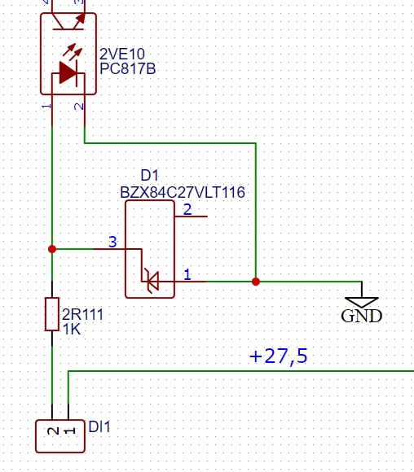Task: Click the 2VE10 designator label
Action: click(x=122, y=55)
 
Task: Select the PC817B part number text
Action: click(x=128, y=68)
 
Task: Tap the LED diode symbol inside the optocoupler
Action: click(x=68, y=72)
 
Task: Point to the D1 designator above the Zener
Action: click(x=150, y=175)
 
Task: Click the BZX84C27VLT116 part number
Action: click(x=183, y=192)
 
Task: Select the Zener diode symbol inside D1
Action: click(x=152, y=281)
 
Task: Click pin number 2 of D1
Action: click(x=187, y=209)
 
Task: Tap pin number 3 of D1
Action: click(x=112, y=242)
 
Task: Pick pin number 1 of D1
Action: click(x=187, y=274)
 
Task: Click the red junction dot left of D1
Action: click(x=52, y=249)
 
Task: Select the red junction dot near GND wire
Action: click(x=256, y=282)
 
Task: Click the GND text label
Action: click(x=362, y=316)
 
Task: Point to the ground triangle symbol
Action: click(x=362, y=302)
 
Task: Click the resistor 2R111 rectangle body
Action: click(x=52, y=314)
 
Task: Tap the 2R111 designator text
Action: click(x=82, y=314)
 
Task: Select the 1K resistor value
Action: click(x=72, y=329)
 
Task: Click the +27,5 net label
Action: click(x=279, y=356)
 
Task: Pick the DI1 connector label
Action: click(x=99, y=427)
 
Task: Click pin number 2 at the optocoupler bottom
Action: click(x=79, y=107)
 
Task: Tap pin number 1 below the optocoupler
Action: click(x=46, y=107)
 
